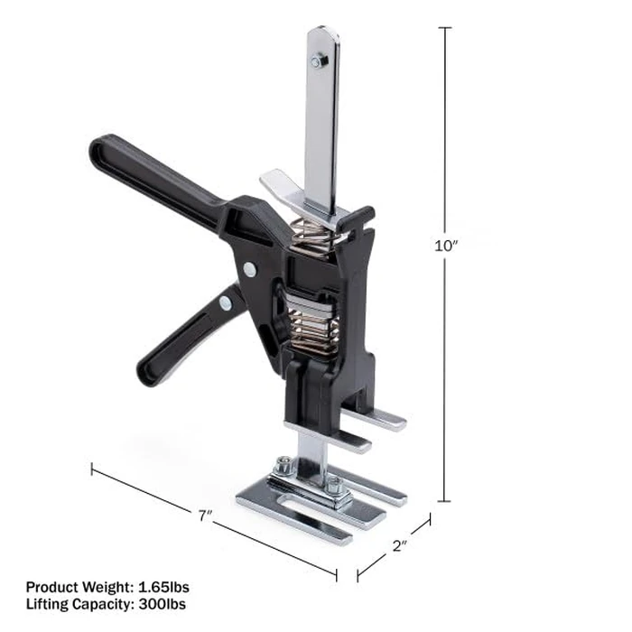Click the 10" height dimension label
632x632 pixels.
[444, 246]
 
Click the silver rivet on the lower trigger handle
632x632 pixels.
[223, 304]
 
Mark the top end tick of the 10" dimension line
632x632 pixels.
[444, 28]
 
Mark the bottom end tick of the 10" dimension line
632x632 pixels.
[444, 501]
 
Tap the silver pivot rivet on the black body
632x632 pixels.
[248, 268]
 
